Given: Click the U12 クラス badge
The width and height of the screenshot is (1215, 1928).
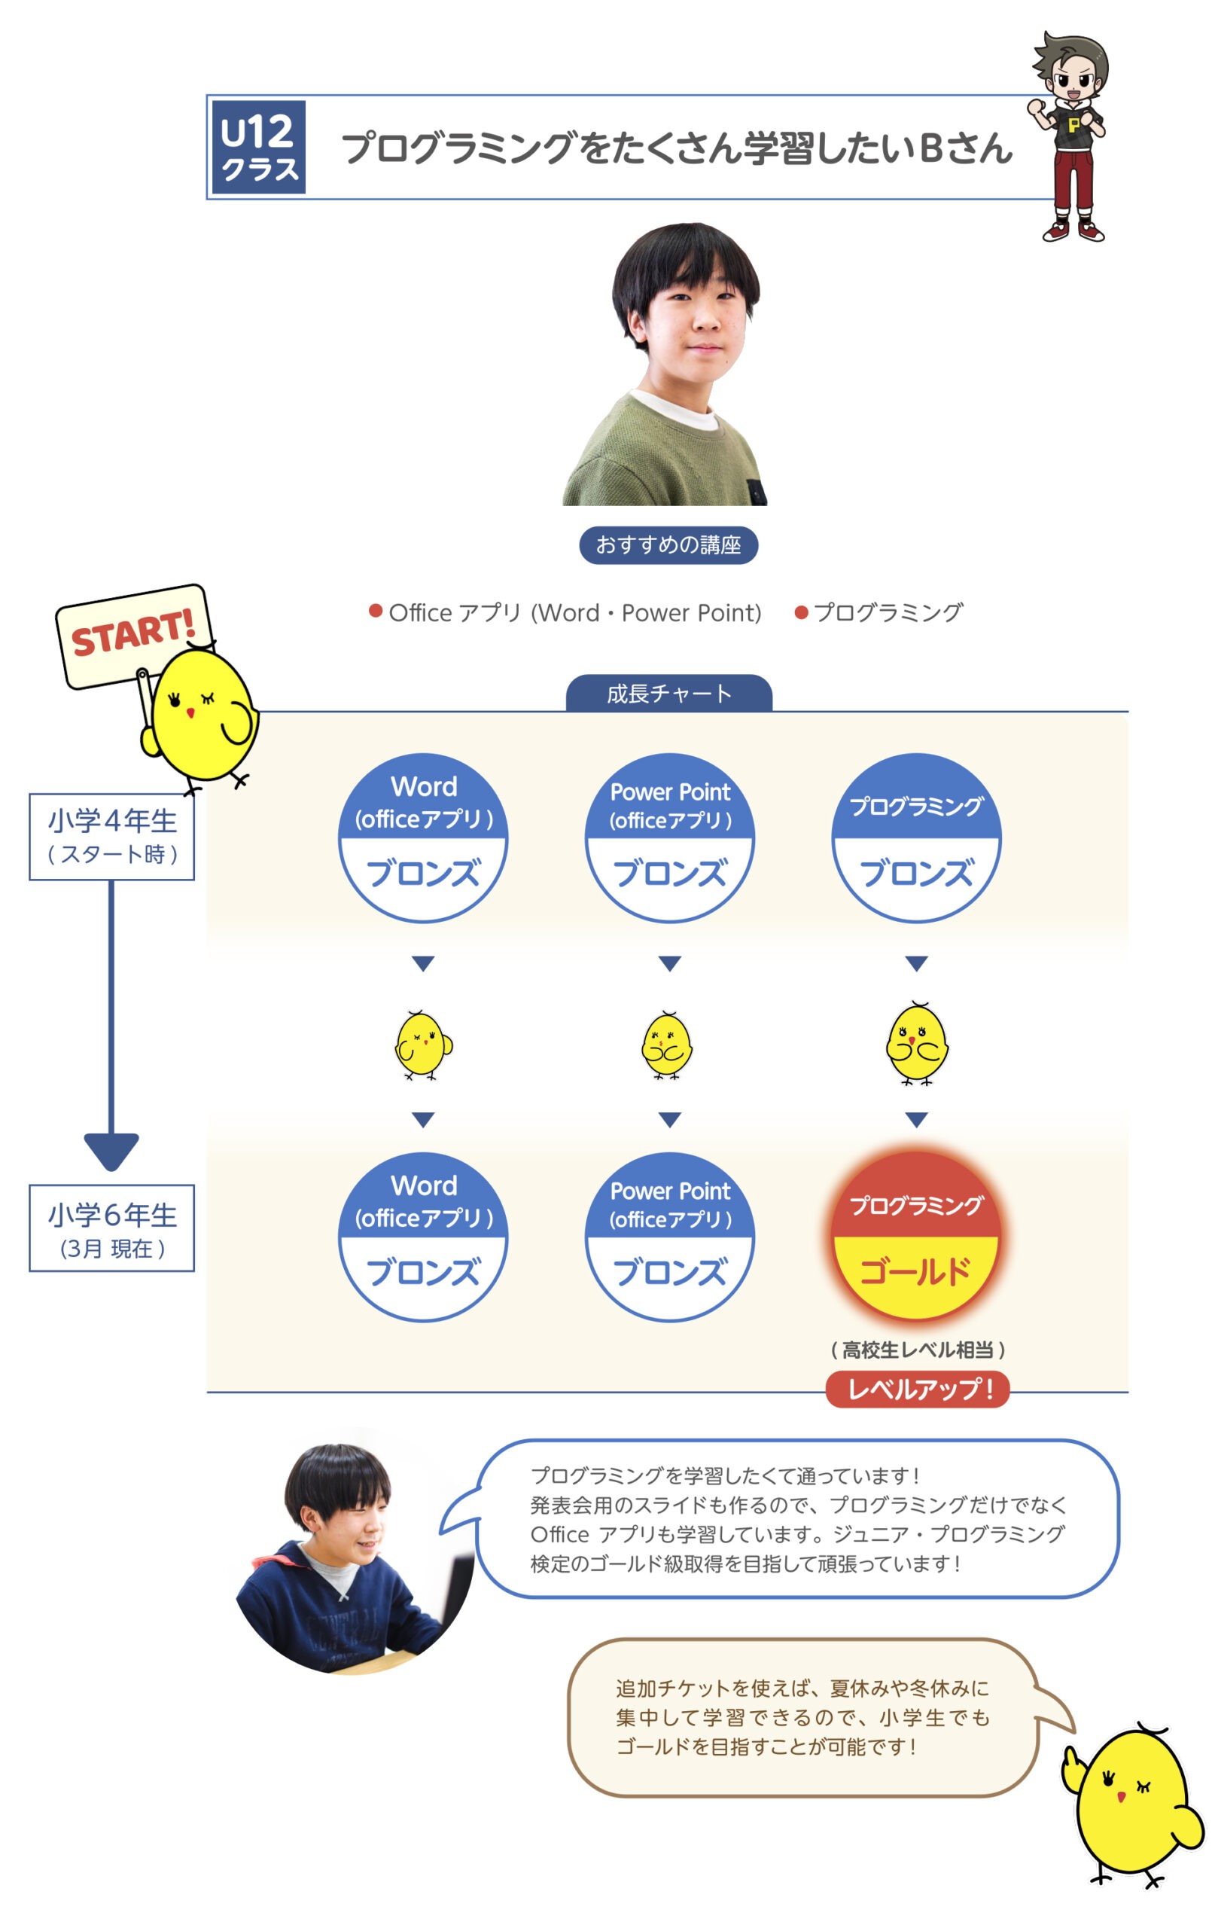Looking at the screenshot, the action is click(x=257, y=148).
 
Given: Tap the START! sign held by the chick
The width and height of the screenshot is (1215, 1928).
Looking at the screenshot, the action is click(x=132, y=636).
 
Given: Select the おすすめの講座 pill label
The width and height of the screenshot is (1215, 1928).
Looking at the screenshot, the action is click(x=668, y=545).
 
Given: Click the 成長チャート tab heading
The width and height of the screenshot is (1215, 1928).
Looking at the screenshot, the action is click(x=669, y=694).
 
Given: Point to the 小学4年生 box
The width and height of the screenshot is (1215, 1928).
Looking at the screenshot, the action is click(x=112, y=837).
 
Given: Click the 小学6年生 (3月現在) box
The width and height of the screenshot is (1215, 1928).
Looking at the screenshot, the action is click(x=112, y=1228).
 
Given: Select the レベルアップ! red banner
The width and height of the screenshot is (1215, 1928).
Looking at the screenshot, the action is click(x=917, y=1390).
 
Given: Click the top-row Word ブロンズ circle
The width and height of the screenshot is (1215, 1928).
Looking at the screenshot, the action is click(x=423, y=838).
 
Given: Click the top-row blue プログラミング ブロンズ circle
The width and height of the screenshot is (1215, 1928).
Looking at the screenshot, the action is click(x=916, y=838).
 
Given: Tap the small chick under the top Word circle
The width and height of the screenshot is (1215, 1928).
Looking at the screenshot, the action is click(x=423, y=1045).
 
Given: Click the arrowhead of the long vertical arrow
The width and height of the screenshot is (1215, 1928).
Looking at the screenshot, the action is click(x=111, y=1152).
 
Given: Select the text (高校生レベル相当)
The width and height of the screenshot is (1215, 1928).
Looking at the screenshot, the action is click(x=917, y=1350).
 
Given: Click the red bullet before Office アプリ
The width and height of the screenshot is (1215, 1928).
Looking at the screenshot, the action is click(x=376, y=611).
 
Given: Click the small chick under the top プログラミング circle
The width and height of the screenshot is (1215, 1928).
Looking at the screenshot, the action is click(x=917, y=1043).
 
